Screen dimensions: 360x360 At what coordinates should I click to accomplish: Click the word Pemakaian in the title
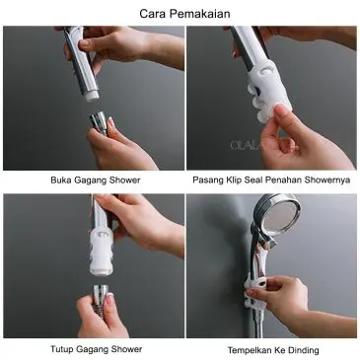click(199, 14)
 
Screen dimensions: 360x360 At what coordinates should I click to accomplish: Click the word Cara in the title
click(153, 14)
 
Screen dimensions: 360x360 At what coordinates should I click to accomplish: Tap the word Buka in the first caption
click(61, 180)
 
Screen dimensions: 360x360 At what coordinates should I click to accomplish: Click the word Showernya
click(327, 180)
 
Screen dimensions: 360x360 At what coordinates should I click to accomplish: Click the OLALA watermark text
click(248, 145)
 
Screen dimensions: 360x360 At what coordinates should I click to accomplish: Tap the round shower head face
click(280, 216)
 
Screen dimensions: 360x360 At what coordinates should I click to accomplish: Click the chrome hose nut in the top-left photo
click(100, 121)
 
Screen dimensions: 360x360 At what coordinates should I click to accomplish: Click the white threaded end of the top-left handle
click(93, 96)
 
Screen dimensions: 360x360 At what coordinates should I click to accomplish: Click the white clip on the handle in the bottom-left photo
click(102, 252)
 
